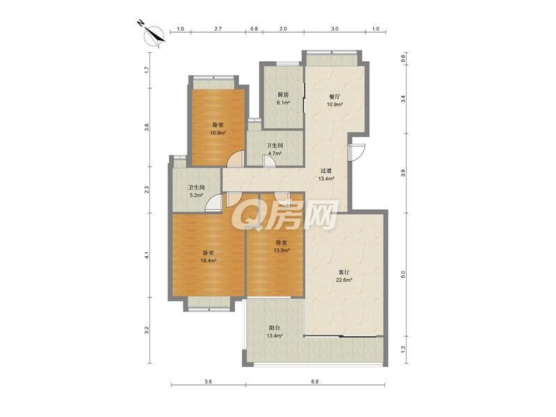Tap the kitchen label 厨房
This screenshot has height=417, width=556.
(x=283, y=95)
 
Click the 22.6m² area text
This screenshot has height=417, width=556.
(x=344, y=280)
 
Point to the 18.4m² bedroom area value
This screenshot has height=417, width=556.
(x=208, y=260)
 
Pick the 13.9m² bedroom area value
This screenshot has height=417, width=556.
(x=281, y=250)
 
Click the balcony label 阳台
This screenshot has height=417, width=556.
(x=275, y=327)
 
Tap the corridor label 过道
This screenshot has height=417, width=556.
(x=326, y=171)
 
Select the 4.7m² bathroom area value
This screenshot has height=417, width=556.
(x=275, y=154)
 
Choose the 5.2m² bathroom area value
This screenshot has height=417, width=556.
(x=196, y=195)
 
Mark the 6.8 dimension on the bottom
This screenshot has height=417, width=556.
(x=315, y=382)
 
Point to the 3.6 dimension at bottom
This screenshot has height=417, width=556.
(x=208, y=382)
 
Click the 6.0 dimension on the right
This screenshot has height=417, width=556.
(x=403, y=275)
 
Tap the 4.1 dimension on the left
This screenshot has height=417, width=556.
(x=147, y=255)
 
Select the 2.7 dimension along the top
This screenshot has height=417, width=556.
(x=218, y=28)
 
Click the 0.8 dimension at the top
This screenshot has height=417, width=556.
(x=254, y=28)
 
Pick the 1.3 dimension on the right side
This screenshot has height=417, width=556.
(x=403, y=350)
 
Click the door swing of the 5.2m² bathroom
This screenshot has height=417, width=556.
(x=214, y=203)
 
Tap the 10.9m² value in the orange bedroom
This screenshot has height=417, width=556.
(x=218, y=133)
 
